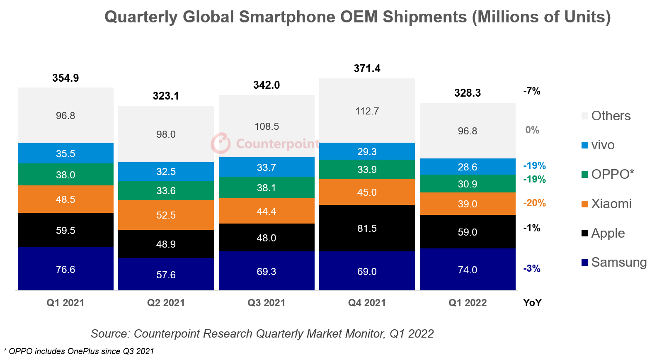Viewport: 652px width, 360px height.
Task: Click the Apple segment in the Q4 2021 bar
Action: pos(367,228)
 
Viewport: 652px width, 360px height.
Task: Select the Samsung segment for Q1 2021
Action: pos(65,269)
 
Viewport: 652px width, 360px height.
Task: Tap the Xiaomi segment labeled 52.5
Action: pos(166,215)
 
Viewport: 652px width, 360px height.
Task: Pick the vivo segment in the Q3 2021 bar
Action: pos(267,167)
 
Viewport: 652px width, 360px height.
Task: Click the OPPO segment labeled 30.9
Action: pos(468,184)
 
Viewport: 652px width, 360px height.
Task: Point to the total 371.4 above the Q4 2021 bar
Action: pos(367,68)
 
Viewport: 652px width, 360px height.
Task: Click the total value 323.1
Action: pos(166,96)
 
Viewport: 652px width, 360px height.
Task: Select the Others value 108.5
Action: pos(267,126)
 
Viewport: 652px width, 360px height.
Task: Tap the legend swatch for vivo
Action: pos(585,145)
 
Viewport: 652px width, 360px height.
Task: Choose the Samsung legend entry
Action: pos(618,262)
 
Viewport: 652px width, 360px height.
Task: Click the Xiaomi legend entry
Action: pos(611,204)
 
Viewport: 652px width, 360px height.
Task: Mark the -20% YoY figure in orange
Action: pos(534,203)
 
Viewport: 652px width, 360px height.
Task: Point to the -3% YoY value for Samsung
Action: pos(532,268)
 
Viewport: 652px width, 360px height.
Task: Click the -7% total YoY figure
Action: pos(532,91)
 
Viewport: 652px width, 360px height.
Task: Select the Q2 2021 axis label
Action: pos(166,303)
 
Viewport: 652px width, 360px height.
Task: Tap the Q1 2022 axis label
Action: pos(468,303)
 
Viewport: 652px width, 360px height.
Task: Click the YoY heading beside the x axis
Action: pos(532,303)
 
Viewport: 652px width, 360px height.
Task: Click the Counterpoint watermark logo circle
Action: pos(221,144)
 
